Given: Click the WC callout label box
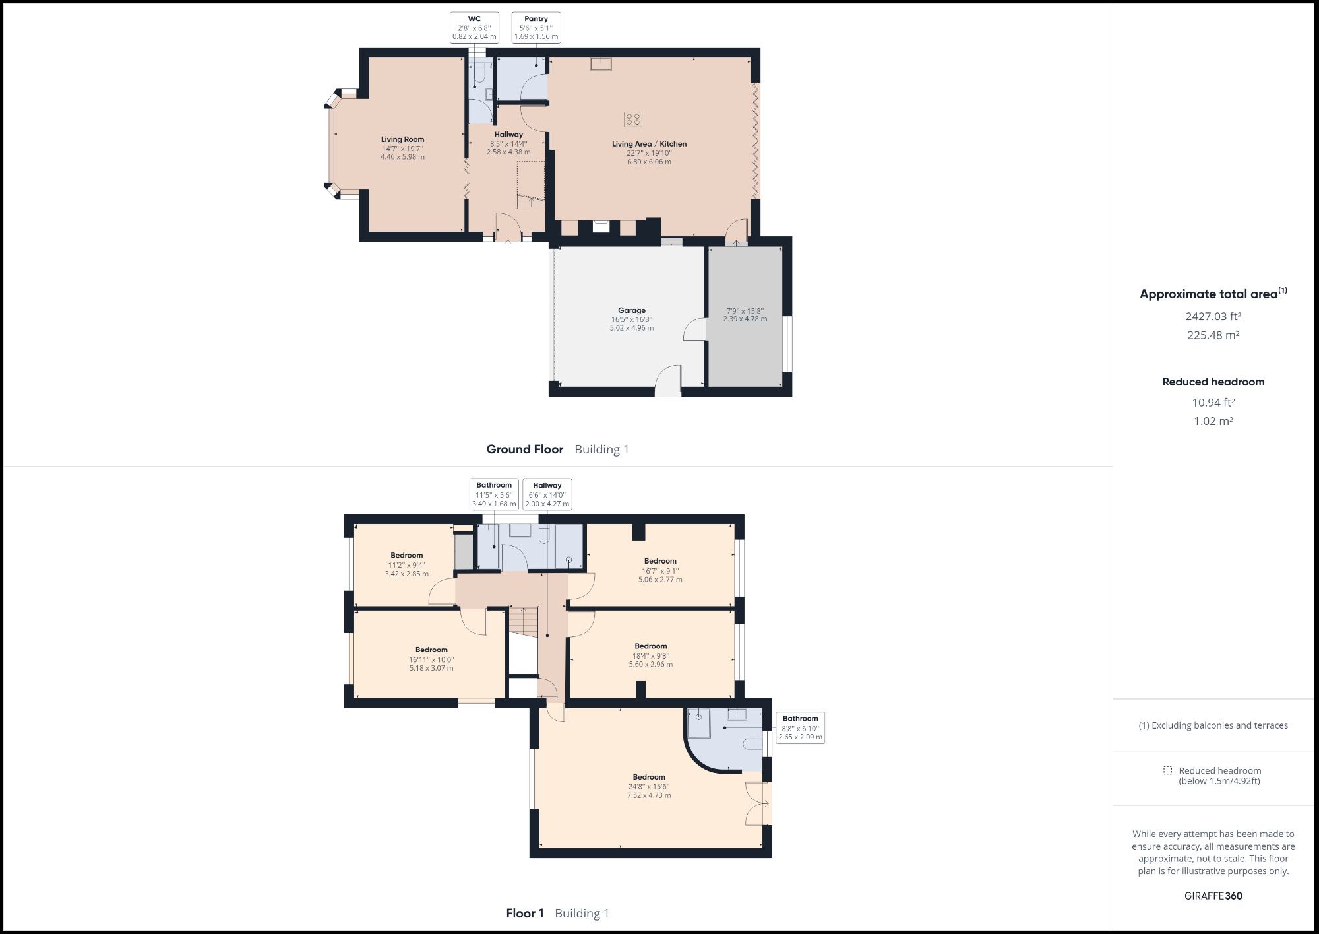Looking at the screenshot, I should (x=474, y=28).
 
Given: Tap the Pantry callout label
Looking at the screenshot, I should (x=536, y=28).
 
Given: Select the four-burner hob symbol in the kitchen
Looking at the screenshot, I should (x=632, y=119).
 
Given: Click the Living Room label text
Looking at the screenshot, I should (x=402, y=139).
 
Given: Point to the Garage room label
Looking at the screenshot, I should (x=631, y=310).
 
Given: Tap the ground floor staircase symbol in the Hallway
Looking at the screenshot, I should (x=530, y=184).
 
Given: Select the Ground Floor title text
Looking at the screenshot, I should (x=524, y=450).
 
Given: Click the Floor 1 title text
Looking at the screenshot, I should (x=524, y=914).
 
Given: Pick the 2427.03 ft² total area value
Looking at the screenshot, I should (x=1213, y=316).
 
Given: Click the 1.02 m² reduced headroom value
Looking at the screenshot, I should (x=1213, y=421).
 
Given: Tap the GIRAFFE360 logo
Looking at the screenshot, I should (x=1213, y=896).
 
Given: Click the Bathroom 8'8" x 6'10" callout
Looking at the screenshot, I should (x=800, y=727).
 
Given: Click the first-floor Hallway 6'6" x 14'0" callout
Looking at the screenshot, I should (x=547, y=494).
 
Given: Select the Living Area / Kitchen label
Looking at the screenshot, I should (x=649, y=144).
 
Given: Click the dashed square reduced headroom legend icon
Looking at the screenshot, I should (x=1167, y=770).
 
